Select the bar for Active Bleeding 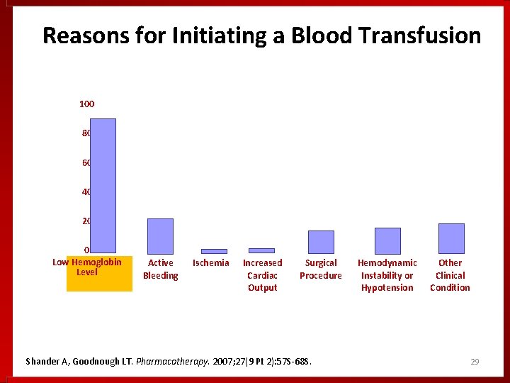160,235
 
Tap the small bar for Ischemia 214,251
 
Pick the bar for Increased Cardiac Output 261,250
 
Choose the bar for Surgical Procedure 321,242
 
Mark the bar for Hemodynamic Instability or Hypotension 387,240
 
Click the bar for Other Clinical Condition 451,238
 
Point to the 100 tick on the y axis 86,104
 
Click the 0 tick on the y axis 86,250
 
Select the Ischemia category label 211,263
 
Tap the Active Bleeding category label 161,269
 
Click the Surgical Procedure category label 320,269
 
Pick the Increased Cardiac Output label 262,275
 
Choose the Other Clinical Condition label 450,275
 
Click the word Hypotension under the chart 387,288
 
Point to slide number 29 475,362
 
